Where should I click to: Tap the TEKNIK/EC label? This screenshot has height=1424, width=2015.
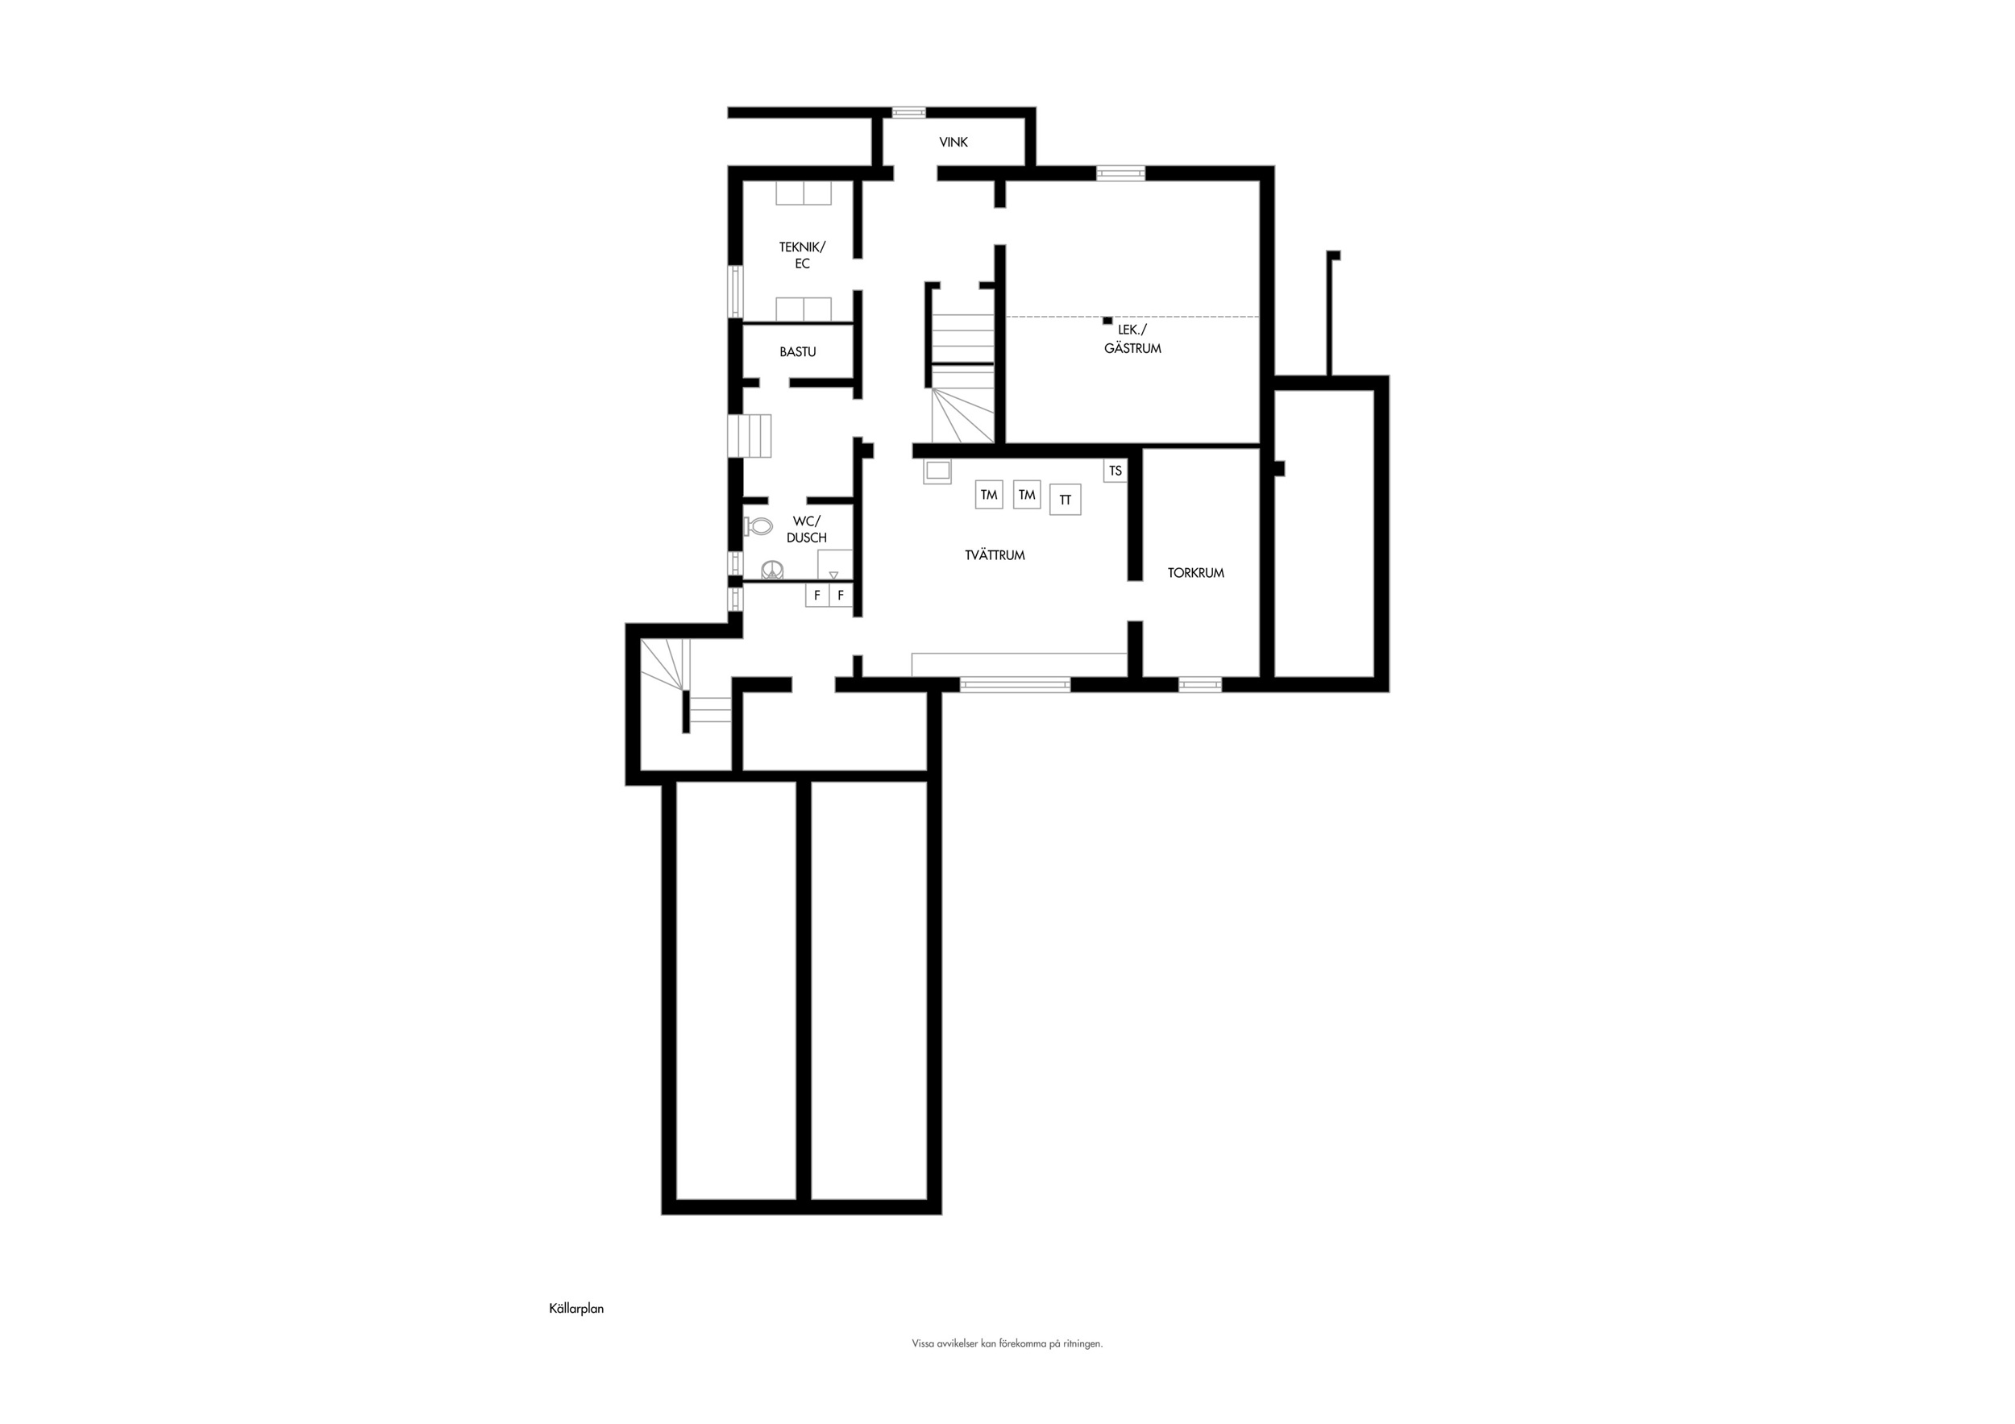coord(802,255)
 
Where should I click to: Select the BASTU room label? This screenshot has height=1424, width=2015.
coord(798,352)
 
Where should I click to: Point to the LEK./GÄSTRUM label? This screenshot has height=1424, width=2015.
coord(1132,338)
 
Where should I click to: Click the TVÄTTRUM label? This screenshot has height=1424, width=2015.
coord(995,555)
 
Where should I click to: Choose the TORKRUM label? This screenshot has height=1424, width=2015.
coord(1195,573)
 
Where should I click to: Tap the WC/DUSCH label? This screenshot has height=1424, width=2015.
coord(807,529)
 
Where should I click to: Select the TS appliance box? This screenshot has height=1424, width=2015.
coord(1115,471)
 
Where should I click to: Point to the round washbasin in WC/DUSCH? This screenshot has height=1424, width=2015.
coord(771,571)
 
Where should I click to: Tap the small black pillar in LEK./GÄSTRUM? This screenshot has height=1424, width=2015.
coord(1107,321)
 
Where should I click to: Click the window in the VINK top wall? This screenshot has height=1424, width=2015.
coord(909,112)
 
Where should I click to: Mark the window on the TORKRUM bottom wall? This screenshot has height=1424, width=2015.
coord(1199,684)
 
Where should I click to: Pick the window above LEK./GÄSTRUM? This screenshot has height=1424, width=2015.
coord(1120,172)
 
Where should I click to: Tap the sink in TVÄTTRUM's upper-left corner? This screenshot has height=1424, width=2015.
coord(937,472)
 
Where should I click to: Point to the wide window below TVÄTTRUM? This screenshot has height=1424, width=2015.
coord(1016,684)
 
